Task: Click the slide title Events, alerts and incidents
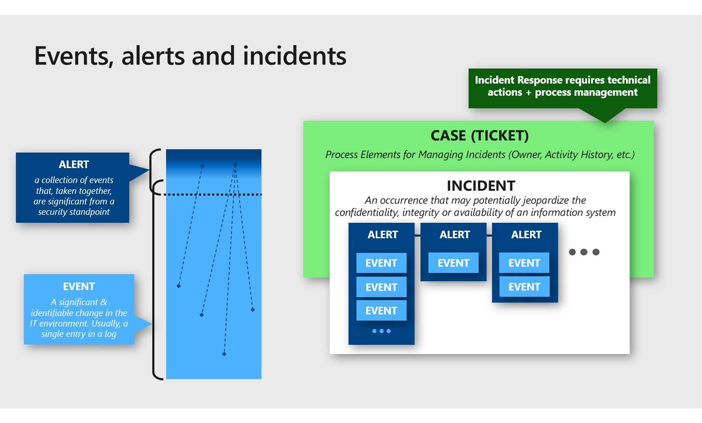click(x=190, y=56)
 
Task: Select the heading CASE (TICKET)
click(x=479, y=136)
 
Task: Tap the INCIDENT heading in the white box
click(x=481, y=186)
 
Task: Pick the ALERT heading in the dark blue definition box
click(x=74, y=164)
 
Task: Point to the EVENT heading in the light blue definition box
click(x=79, y=286)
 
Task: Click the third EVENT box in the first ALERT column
click(x=381, y=311)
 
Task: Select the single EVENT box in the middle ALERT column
click(x=453, y=263)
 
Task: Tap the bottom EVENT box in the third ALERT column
click(x=524, y=287)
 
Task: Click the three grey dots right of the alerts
click(x=584, y=252)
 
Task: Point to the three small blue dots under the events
click(x=381, y=331)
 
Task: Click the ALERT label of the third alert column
click(x=526, y=235)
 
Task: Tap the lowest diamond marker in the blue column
click(x=224, y=354)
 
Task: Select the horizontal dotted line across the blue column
click(x=213, y=194)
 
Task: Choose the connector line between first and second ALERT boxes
click(x=418, y=236)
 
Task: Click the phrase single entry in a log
click(x=79, y=334)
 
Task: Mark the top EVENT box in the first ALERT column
click(x=381, y=263)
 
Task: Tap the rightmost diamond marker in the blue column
click(x=253, y=310)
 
